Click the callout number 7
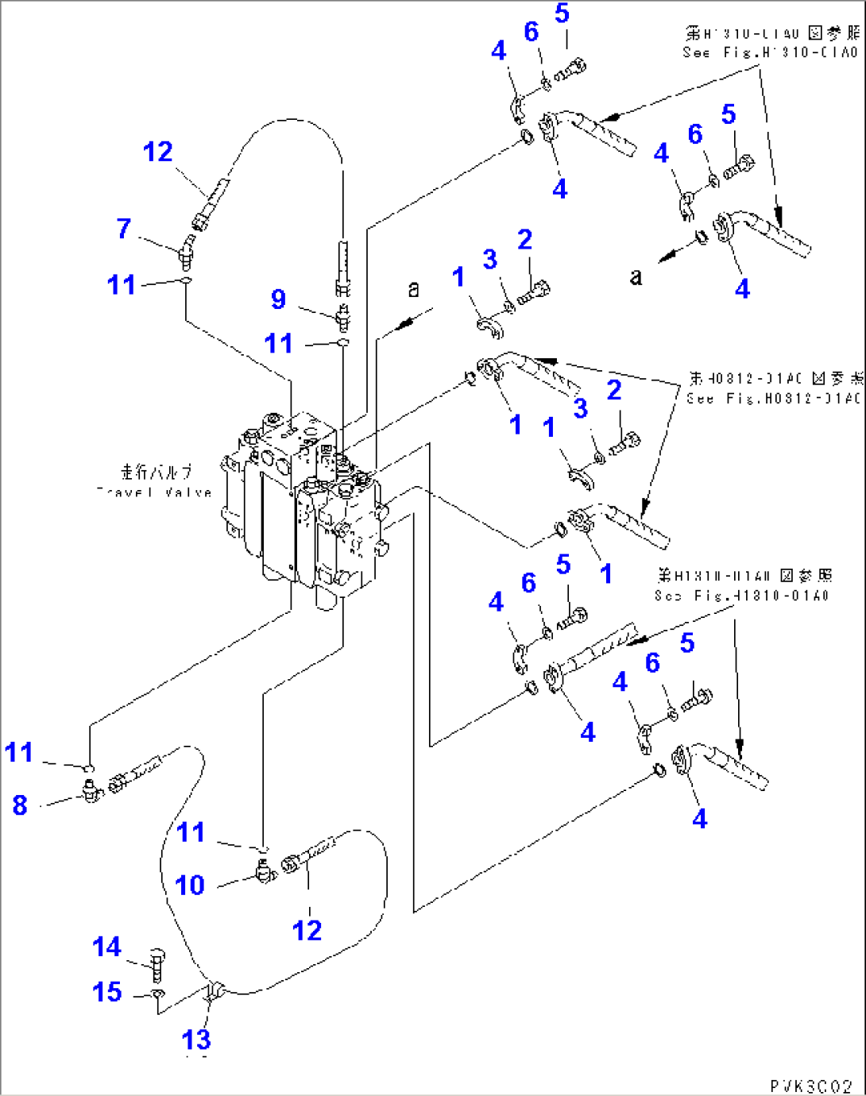123,229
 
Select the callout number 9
278,299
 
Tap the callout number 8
20,805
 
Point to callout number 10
190,885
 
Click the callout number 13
196,1039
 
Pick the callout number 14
106,947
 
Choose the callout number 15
106,992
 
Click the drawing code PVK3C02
810,1086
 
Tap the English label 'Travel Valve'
155,492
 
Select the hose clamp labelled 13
213,991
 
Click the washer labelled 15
157,994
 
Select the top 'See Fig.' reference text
770,52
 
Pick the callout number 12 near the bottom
307,930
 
